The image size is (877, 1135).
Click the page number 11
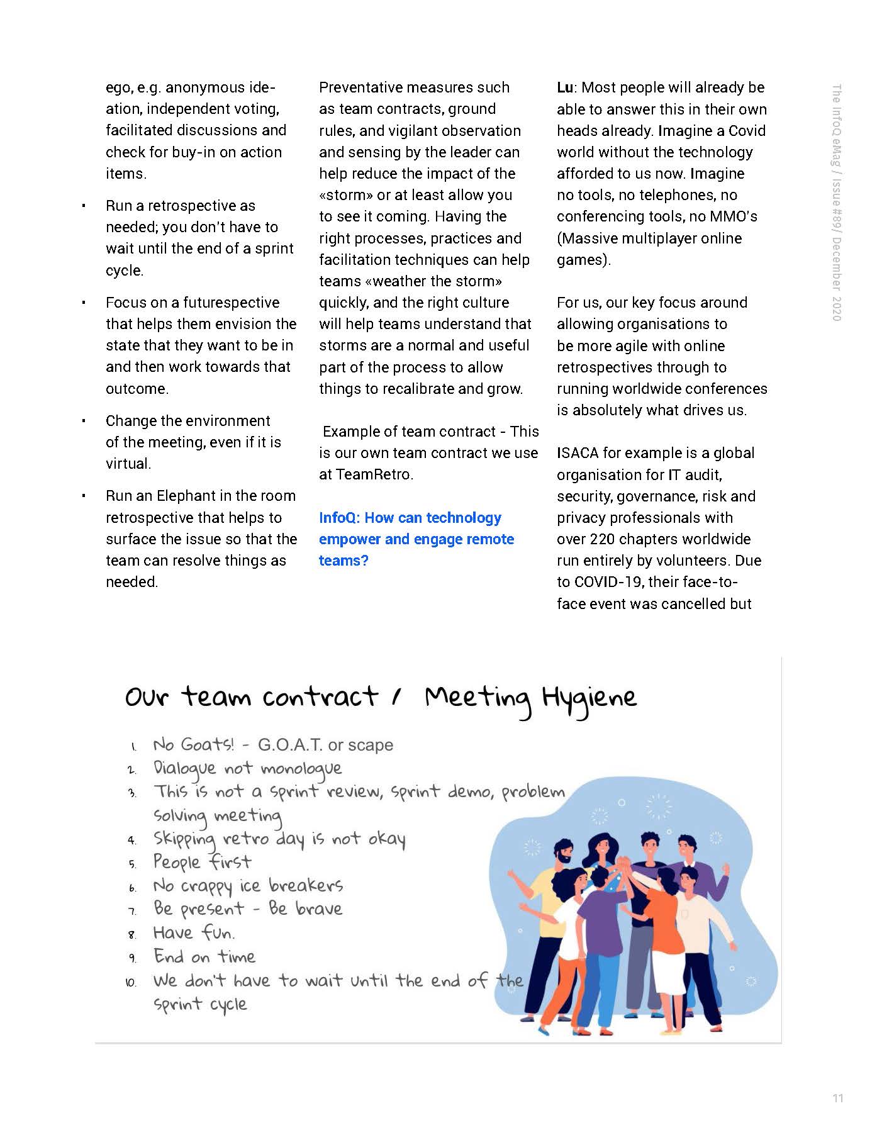(x=837, y=1099)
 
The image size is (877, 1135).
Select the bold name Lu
(x=565, y=87)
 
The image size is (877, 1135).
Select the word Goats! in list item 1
(x=207, y=745)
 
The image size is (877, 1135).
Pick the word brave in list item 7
(x=319, y=909)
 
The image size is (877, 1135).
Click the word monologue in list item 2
(x=301, y=769)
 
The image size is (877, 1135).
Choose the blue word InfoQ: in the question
(x=339, y=518)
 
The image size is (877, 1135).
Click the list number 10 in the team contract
(x=131, y=982)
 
